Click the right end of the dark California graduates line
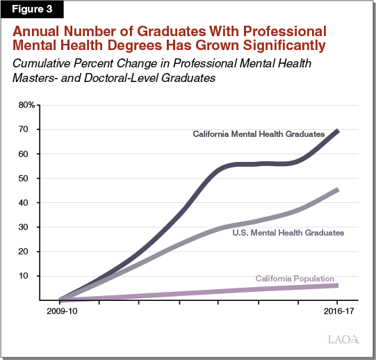click(337, 131)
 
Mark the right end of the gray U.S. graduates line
click(337, 190)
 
